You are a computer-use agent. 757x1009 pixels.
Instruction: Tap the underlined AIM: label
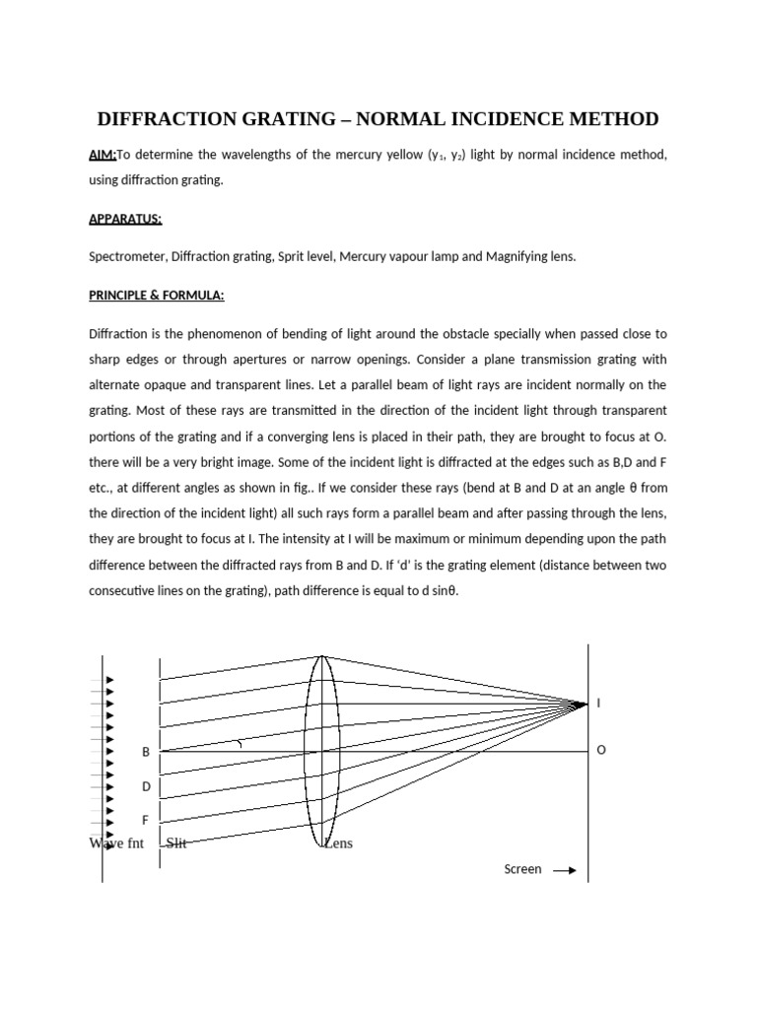pos(103,155)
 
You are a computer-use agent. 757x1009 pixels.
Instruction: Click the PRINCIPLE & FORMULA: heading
pos(157,295)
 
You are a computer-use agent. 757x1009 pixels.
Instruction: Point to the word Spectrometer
pos(127,256)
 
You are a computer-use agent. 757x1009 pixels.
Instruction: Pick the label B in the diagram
pos(146,752)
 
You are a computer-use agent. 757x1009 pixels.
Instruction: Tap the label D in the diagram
pos(146,786)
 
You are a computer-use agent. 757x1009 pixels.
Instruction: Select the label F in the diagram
pos(146,820)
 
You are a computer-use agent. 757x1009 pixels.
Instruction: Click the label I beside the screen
pos(598,704)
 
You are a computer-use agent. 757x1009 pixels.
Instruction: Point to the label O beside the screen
pos(601,751)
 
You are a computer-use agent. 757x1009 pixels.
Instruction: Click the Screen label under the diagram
pos(522,870)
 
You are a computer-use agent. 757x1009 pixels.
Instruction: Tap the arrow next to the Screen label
pos(565,871)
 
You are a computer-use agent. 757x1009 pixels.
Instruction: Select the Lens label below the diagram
pos(338,843)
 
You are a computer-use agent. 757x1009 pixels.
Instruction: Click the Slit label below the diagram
pos(177,843)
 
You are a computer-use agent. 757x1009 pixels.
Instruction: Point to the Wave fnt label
pos(116,843)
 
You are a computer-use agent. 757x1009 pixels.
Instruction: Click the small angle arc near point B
pos(237,745)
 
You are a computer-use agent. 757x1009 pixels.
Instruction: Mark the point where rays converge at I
pos(585,704)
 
